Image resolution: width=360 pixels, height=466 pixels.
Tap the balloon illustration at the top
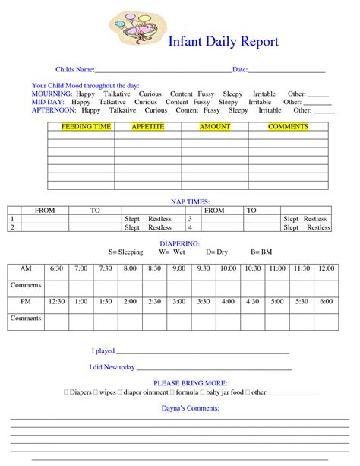click(x=134, y=27)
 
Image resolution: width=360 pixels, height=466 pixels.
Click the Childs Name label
click(x=74, y=70)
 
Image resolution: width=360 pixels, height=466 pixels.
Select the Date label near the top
click(x=240, y=70)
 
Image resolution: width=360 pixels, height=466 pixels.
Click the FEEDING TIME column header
click(x=81, y=127)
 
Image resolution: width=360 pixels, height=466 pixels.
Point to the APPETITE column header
click(x=148, y=127)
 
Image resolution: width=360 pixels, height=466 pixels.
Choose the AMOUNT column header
click(x=215, y=127)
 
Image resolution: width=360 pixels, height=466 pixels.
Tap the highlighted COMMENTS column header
click(x=288, y=127)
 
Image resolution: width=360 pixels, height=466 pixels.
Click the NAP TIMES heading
click(x=179, y=201)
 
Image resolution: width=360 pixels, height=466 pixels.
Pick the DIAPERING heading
click(x=179, y=243)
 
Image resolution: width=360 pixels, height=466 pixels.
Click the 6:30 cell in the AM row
click(x=56, y=268)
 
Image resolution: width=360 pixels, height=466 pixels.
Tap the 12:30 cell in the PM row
click(x=56, y=302)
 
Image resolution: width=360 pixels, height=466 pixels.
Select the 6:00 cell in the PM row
click(x=326, y=302)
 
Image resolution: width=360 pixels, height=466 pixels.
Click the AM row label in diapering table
click(x=26, y=268)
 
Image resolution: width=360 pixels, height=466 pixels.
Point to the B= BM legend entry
click(x=261, y=251)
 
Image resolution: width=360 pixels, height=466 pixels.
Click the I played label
click(x=103, y=351)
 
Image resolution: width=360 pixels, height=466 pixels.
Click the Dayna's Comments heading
click(x=179, y=408)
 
